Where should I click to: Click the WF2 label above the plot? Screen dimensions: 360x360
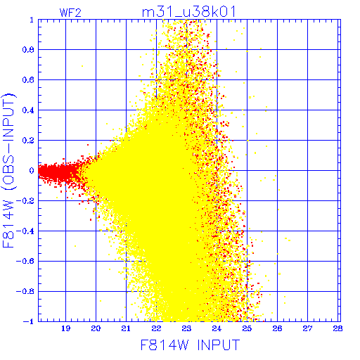pos(70,13)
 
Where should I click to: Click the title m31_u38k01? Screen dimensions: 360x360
pos(188,12)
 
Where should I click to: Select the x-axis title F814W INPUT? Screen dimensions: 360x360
pos(190,345)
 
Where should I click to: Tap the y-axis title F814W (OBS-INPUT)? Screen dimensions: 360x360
pos(8,170)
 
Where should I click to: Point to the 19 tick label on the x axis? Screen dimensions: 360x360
pos(65,328)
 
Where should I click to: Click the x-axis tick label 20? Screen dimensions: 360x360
pos(96,328)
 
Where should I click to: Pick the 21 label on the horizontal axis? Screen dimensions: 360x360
pos(126,328)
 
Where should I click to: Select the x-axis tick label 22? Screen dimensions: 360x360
pos(156,328)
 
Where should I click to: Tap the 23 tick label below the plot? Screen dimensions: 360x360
pos(186,328)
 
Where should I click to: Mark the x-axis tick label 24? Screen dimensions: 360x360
pos(217,328)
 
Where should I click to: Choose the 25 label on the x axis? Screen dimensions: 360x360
pos(247,328)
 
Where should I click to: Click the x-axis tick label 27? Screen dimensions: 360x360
pos(307,328)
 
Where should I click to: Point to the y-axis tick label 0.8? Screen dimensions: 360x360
pos(28,50)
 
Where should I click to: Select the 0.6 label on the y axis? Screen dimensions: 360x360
pos(28,80)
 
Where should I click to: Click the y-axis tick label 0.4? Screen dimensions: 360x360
pos(28,110)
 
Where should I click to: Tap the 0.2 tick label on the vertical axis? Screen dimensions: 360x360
pos(28,141)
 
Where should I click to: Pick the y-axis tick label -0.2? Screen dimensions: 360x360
pos(25,201)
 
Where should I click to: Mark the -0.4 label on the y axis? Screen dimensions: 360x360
pos(25,231)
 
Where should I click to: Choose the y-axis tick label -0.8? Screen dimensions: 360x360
pos(25,292)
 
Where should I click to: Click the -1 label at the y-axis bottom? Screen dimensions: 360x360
pos(29,321)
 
